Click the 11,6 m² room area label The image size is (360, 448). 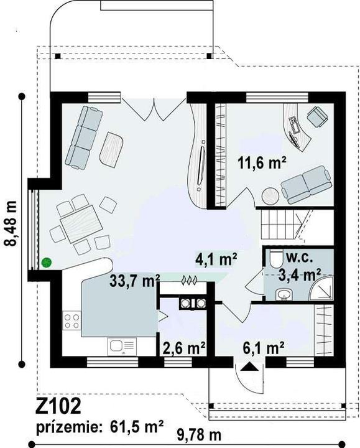[x=262, y=163]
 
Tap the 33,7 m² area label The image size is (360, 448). [x=135, y=281]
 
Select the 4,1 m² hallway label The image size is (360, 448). [x=216, y=259]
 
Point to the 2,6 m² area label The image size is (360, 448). [x=184, y=348]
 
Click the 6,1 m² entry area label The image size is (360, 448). [x=263, y=348]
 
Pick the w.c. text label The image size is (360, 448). [x=299, y=258]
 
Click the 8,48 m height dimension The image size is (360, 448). [x=11, y=223]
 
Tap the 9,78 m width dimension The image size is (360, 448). [x=199, y=436]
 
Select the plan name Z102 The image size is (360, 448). [x=58, y=406]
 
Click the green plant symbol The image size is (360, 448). [x=46, y=263]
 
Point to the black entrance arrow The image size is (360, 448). [x=249, y=366]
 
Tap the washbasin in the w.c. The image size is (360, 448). [x=284, y=295]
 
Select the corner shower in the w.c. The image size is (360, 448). [x=322, y=288]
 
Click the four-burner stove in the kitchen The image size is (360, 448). [x=72, y=321]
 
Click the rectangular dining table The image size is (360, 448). [x=81, y=224]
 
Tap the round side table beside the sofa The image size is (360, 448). [x=270, y=196]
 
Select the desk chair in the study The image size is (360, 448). [x=317, y=116]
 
